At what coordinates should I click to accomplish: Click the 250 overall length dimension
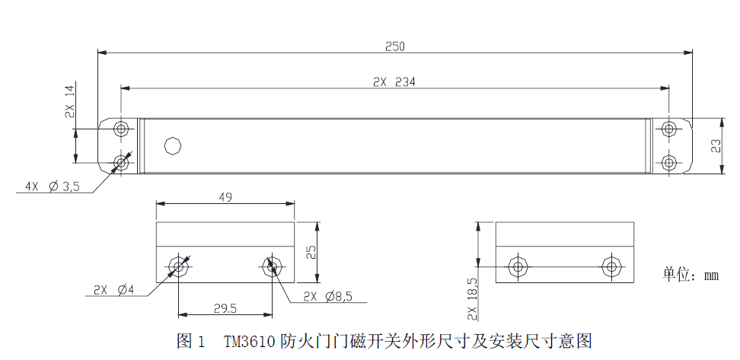tap(395, 46)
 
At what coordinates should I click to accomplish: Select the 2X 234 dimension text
tap(394, 82)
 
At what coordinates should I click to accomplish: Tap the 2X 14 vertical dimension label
tap(69, 102)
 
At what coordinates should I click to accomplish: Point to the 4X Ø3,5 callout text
tap(53, 186)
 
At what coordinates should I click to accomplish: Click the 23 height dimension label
tap(716, 146)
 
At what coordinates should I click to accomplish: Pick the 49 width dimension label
tap(225, 197)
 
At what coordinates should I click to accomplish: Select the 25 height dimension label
tap(311, 253)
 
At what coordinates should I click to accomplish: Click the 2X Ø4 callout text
tap(113, 290)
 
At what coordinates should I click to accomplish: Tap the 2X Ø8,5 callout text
tap(328, 296)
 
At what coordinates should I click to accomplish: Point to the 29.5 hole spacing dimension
tap(225, 308)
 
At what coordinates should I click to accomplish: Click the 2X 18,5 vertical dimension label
tap(474, 299)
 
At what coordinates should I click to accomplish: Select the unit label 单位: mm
tap(691, 275)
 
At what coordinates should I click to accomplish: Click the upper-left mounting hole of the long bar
tap(122, 129)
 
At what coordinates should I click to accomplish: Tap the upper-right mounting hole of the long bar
tap(668, 129)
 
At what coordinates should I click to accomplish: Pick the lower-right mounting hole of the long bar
tap(668, 163)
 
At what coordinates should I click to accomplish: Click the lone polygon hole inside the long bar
tap(174, 145)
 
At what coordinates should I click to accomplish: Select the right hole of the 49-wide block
tap(271, 267)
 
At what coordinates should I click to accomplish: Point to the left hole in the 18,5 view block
tap(518, 267)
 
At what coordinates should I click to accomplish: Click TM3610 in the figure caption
tap(250, 341)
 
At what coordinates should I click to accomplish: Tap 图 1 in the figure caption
tap(190, 341)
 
